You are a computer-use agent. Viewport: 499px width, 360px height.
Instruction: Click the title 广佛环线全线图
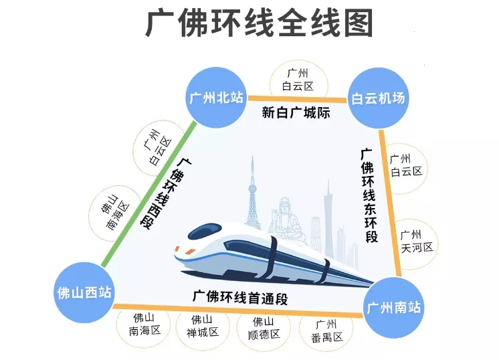tap(259, 23)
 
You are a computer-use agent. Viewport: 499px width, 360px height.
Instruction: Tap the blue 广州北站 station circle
tap(217, 98)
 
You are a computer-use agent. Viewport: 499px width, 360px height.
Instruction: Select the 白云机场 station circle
tap(378, 98)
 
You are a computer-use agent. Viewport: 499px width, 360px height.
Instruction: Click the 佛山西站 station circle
tap(84, 292)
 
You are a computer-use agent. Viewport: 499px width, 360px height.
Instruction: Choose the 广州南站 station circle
tap(394, 308)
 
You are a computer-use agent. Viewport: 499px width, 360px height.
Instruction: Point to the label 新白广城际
tap(296, 112)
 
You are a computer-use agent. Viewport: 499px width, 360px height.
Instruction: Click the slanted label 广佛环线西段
tap(166, 193)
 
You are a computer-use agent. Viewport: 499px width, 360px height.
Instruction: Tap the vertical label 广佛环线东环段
tap(369, 195)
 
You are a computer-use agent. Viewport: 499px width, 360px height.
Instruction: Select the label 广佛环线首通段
tap(240, 297)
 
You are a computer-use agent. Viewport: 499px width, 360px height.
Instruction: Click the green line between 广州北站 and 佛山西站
tap(148, 194)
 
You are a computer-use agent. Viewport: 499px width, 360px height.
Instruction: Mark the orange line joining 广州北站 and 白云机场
tap(297, 99)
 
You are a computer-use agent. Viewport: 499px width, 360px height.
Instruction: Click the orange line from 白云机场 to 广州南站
tap(391, 203)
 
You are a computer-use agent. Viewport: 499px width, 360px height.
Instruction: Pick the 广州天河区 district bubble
tap(417, 242)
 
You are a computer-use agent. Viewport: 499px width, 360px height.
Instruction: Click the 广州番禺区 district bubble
tap(326, 331)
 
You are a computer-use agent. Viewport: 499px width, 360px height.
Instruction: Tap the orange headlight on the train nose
tap(191, 252)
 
